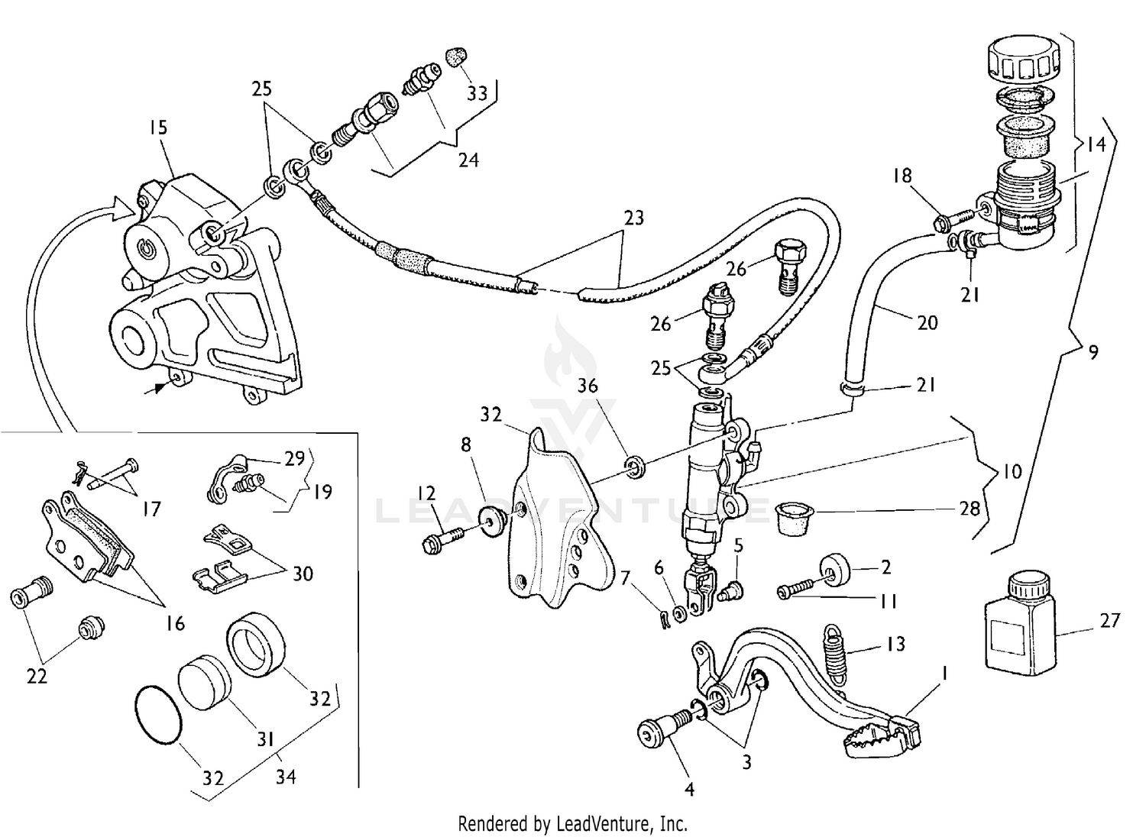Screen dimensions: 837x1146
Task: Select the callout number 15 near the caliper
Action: tap(158, 128)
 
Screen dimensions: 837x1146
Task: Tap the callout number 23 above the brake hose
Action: tap(633, 218)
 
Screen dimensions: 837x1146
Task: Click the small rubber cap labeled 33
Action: tap(457, 57)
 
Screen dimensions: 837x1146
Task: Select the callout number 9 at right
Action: tap(1093, 353)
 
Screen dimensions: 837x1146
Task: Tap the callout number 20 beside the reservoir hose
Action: tap(927, 323)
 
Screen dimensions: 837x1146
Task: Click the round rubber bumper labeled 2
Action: tap(837, 569)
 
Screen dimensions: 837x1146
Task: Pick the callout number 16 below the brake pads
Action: tap(176, 623)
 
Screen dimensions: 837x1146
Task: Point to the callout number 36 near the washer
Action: tap(588, 386)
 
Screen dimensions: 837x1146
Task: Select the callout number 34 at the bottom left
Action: tap(286, 777)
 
